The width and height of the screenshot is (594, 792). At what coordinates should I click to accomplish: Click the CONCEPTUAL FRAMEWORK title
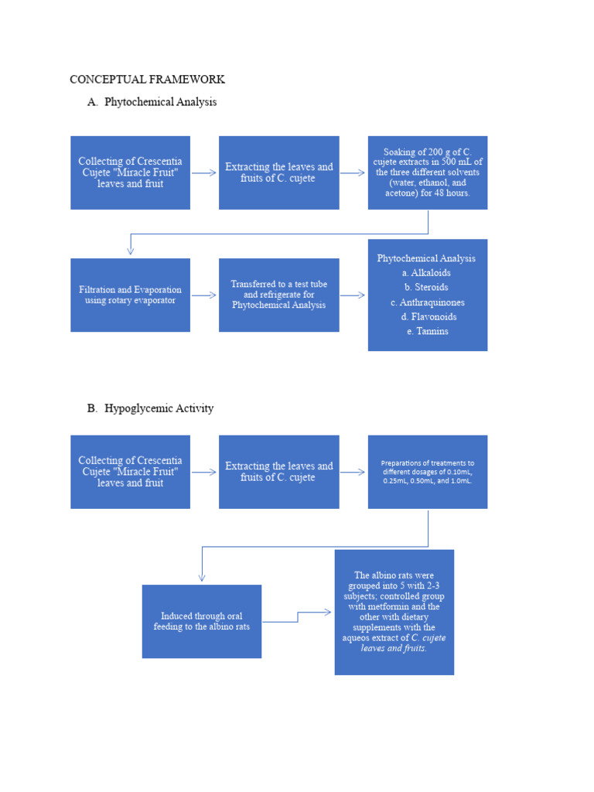pyautogui.click(x=147, y=79)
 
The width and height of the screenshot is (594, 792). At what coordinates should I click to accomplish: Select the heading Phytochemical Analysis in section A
pyautogui.click(x=160, y=101)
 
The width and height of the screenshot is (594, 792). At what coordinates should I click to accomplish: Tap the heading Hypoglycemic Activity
pyautogui.click(x=159, y=408)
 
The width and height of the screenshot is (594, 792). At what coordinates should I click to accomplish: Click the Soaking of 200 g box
pyautogui.click(x=427, y=172)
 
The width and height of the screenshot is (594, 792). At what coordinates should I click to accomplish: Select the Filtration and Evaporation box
pyautogui.click(x=130, y=295)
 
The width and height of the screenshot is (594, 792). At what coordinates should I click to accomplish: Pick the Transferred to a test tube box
pyautogui.click(x=278, y=295)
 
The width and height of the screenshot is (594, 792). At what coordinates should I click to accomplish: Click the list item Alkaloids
pyautogui.click(x=426, y=273)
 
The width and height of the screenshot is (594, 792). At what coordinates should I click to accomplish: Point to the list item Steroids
pyautogui.click(x=426, y=287)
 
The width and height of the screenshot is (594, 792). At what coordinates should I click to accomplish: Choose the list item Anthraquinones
pyautogui.click(x=427, y=302)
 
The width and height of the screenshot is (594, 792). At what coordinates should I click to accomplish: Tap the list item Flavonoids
pyautogui.click(x=428, y=316)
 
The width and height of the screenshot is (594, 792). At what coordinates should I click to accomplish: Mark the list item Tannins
pyautogui.click(x=427, y=331)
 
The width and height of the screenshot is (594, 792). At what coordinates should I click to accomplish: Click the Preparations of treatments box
pyautogui.click(x=427, y=472)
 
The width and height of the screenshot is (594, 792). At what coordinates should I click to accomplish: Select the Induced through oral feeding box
pyautogui.click(x=201, y=621)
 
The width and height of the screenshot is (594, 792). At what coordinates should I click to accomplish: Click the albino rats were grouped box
pyautogui.click(x=394, y=612)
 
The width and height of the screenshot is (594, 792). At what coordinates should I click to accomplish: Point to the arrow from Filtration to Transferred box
pyautogui.click(x=204, y=295)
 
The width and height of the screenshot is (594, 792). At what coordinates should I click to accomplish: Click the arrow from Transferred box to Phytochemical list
pyautogui.click(x=353, y=295)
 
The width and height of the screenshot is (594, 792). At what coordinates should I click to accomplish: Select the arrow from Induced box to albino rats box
pyautogui.click(x=298, y=616)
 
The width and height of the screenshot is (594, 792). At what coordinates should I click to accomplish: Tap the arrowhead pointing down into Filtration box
pyautogui.click(x=130, y=250)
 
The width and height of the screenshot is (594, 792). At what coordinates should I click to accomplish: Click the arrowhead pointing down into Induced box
pyautogui.click(x=202, y=576)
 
